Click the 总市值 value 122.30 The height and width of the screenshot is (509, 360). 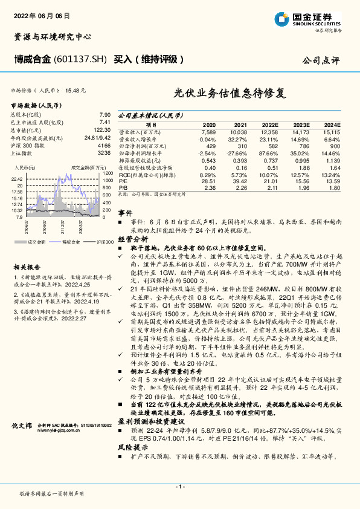click(x=101, y=130)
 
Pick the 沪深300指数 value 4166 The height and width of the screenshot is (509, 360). click(x=104, y=146)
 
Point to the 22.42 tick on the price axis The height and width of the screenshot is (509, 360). click(x=16, y=179)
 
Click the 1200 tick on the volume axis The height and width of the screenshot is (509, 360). click(x=108, y=173)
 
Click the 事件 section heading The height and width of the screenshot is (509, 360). click(x=124, y=214)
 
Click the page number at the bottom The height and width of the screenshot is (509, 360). click(x=179, y=486)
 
